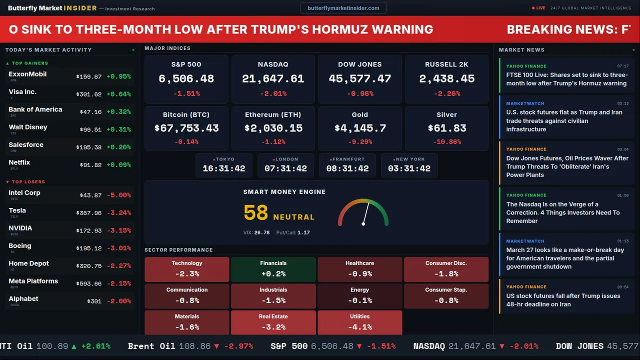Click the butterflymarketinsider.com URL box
(x=343, y=8)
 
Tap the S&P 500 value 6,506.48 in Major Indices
(x=186, y=79)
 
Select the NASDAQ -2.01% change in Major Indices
(x=273, y=93)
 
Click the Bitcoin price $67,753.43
(x=186, y=128)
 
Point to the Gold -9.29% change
(x=360, y=142)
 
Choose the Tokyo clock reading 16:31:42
(x=224, y=168)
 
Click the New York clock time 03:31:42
(x=409, y=168)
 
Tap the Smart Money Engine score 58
(x=256, y=213)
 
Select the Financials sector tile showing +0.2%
(x=273, y=269)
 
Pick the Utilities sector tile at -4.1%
(x=359, y=322)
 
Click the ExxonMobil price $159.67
(x=89, y=77)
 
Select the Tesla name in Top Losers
(x=17, y=210)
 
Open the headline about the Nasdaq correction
(x=562, y=212)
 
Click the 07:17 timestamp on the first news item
(x=622, y=66)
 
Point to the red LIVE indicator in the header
(x=539, y=8)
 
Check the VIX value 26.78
(x=261, y=232)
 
